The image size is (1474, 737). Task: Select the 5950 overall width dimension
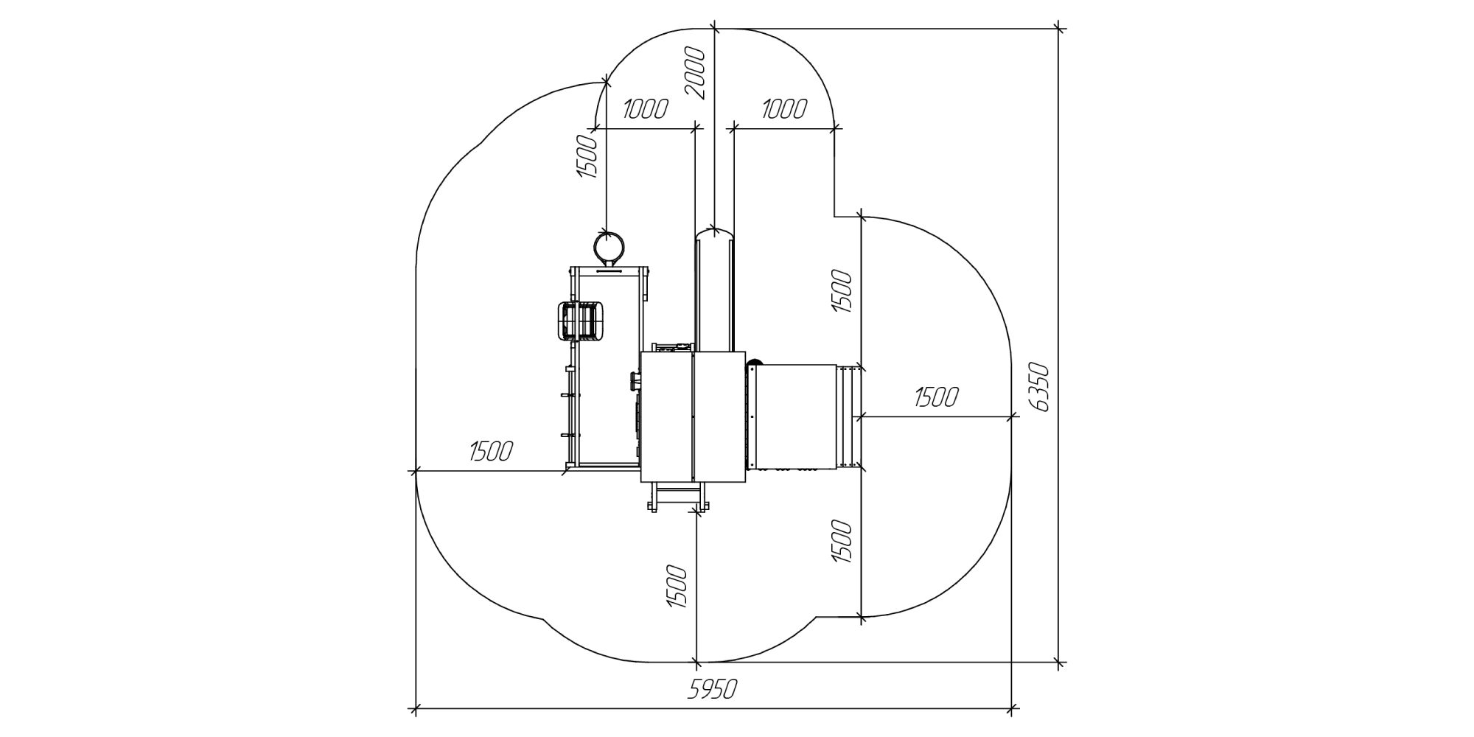click(712, 690)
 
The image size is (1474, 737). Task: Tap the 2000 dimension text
click(696, 74)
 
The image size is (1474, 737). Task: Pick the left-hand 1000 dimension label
click(645, 109)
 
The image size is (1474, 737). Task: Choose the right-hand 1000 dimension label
click(783, 109)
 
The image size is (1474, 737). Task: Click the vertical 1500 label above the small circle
click(586, 156)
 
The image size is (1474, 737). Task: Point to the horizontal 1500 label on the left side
click(490, 451)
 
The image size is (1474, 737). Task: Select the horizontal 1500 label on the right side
click(936, 398)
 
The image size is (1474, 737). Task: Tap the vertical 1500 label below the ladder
click(677, 587)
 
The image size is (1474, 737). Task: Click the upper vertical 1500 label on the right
click(842, 292)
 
